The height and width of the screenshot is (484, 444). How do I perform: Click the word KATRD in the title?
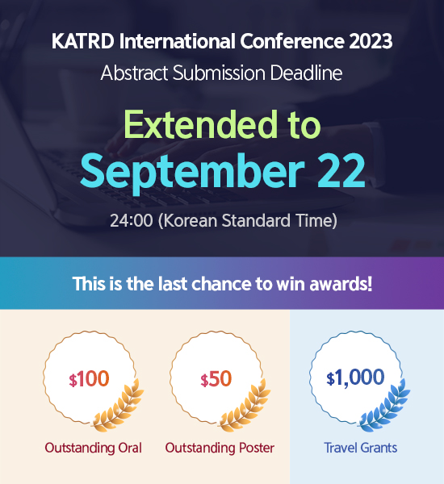pyautogui.click(x=83, y=41)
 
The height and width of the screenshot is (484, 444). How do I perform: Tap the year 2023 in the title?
pyautogui.click(x=371, y=41)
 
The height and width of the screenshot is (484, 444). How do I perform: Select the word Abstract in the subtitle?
pyautogui.click(x=134, y=73)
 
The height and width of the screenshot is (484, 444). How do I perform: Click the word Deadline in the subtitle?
pyautogui.click(x=306, y=73)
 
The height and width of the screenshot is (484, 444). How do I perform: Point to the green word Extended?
pyautogui.click(x=201, y=124)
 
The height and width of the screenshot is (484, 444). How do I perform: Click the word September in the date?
pyautogui.click(x=192, y=172)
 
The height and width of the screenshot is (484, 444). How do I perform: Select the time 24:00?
pyautogui.click(x=132, y=221)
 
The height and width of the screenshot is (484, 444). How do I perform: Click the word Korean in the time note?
pyautogui.click(x=190, y=221)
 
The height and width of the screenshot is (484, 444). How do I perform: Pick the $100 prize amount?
pyautogui.click(x=89, y=379)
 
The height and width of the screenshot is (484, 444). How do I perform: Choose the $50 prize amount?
pyautogui.click(x=216, y=379)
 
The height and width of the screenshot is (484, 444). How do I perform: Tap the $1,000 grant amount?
pyautogui.click(x=355, y=378)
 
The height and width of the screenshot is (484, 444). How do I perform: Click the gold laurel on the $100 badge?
pyautogui.click(x=119, y=407)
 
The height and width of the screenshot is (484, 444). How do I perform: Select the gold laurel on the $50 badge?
pyautogui.click(x=245, y=407)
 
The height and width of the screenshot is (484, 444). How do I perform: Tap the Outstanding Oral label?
pyautogui.click(x=94, y=449)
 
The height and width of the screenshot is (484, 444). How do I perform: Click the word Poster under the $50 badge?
pyautogui.click(x=254, y=448)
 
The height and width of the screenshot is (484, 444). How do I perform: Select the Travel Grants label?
pyautogui.click(x=360, y=448)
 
